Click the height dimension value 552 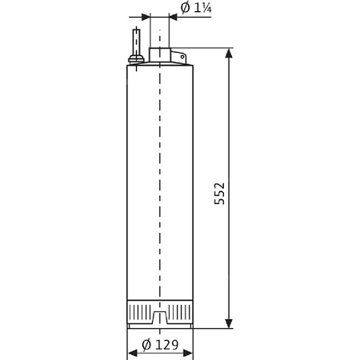(x=219, y=194)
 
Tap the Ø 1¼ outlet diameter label (x=195, y=9)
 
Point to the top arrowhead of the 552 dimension (x=230, y=54)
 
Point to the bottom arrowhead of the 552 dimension (x=230, y=322)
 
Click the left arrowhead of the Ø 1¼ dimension (x=145, y=16)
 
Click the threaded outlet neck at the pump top (x=160, y=55)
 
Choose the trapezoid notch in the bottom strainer (x=160, y=318)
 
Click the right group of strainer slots (x=178, y=308)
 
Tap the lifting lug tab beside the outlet (x=178, y=57)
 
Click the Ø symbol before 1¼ (x=185, y=9)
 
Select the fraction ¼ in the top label (x=207, y=9)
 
